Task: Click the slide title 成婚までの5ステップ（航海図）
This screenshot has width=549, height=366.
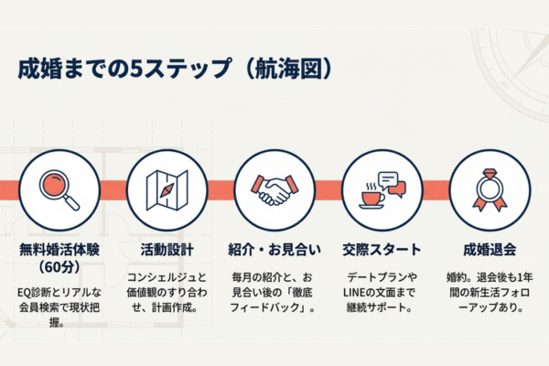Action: click(x=174, y=69)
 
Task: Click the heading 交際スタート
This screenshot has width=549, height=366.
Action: click(x=382, y=248)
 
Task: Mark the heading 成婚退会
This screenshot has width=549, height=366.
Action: click(x=490, y=248)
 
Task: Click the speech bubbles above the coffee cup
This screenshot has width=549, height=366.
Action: click(x=391, y=182)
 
